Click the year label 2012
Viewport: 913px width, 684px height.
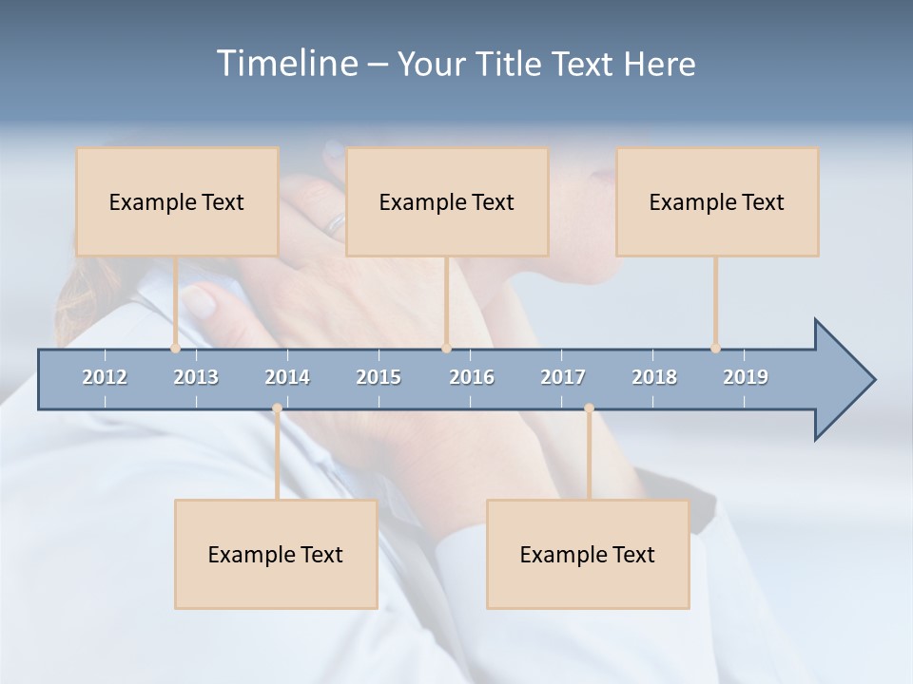click(x=105, y=377)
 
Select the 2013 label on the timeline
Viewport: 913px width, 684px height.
click(x=196, y=377)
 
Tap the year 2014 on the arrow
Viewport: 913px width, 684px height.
click(x=287, y=377)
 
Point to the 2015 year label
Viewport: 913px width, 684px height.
click(x=379, y=377)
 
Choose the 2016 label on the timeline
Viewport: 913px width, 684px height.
click(x=472, y=377)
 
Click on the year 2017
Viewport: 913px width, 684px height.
click(x=563, y=377)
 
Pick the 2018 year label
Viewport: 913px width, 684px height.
click(x=654, y=377)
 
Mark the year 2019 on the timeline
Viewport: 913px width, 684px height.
click(x=746, y=377)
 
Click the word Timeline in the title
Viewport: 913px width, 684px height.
click(x=286, y=64)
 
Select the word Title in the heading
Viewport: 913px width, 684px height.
click(x=511, y=65)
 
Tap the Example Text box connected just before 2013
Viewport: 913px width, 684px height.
click(x=177, y=201)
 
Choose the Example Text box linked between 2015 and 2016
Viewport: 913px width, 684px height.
click(x=447, y=201)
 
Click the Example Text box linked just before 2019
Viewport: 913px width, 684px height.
click(x=717, y=201)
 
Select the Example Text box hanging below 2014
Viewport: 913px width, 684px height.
click(x=276, y=554)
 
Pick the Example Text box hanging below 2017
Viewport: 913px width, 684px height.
click(x=588, y=554)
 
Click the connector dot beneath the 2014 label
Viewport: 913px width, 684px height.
click(x=277, y=408)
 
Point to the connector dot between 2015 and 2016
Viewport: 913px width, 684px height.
click(x=446, y=348)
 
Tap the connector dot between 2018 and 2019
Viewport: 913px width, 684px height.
click(x=715, y=348)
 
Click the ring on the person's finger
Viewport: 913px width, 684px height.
click(x=336, y=225)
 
